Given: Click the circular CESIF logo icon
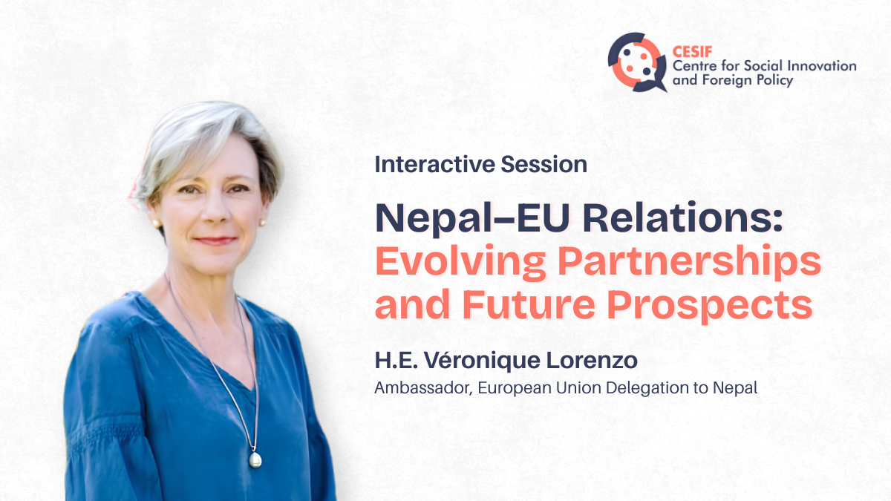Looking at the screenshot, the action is pyautogui.click(x=637, y=62).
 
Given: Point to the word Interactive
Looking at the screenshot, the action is pyautogui.click(x=434, y=164).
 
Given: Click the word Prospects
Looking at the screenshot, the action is pyautogui.click(x=710, y=305).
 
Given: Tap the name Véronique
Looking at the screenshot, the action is pyautogui.click(x=482, y=360).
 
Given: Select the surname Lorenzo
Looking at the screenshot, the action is pyautogui.click(x=592, y=360).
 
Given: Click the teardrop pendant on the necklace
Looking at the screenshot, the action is pyautogui.click(x=255, y=459).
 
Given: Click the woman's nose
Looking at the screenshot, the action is pyautogui.click(x=215, y=211).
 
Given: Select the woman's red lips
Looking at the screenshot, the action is pyautogui.click(x=215, y=240).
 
